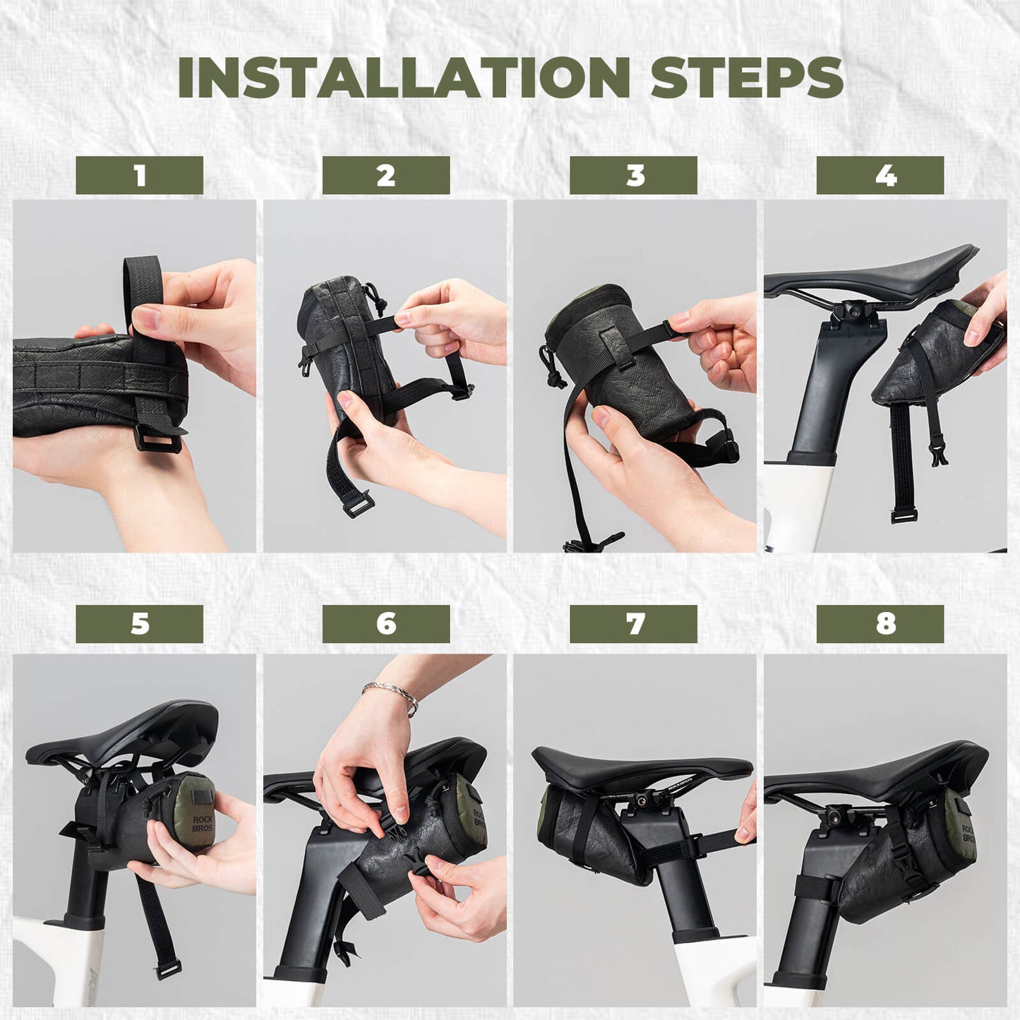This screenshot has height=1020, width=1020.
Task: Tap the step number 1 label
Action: click(x=139, y=175)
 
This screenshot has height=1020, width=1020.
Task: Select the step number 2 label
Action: click(x=385, y=175)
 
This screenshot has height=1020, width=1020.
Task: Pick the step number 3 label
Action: click(x=633, y=175)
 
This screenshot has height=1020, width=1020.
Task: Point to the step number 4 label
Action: click(x=880, y=175)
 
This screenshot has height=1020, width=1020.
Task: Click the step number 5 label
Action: click(x=139, y=623)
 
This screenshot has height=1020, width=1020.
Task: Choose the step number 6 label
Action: click(x=385, y=623)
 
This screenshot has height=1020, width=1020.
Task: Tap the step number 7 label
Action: click(x=633, y=623)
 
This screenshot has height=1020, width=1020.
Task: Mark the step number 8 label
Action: click(x=880, y=623)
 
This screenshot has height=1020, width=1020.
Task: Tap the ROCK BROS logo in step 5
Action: click(x=201, y=823)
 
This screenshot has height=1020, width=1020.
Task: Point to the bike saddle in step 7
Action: click(x=635, y=766)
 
